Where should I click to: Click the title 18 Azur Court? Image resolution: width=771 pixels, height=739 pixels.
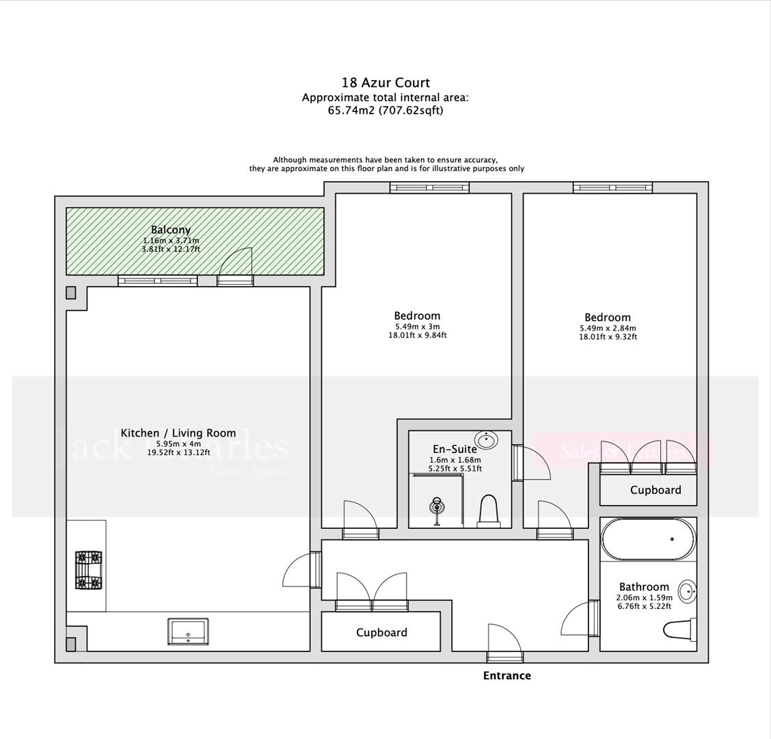pos(385,83)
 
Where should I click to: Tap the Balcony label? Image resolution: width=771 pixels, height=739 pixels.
pos(170,230)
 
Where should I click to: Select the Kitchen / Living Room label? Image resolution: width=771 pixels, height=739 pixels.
pos(178,433)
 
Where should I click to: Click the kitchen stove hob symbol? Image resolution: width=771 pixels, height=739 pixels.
pos(88,570)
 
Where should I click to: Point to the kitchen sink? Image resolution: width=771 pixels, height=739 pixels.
pos(189,631)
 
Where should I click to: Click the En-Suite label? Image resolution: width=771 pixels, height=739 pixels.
pos(455,449)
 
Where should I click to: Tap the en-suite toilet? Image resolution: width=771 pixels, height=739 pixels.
pos(489,512)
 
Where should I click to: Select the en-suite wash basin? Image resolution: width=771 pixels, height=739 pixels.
pos(486,439)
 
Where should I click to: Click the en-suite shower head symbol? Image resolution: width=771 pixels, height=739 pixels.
pos(437,507)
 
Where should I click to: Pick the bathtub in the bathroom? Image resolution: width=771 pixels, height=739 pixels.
pos(648,539)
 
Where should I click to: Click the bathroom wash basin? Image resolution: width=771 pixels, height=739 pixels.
pos(687,591)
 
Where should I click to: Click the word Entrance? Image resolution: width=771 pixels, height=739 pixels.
pos(506,675)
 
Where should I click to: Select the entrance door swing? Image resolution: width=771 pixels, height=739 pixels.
pos(504,640)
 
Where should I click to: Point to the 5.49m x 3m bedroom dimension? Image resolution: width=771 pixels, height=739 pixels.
pos(417,326)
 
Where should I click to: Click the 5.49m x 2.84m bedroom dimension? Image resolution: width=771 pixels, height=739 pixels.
pos(608,328)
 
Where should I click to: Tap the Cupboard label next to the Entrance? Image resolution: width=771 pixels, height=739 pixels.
pos(381,633)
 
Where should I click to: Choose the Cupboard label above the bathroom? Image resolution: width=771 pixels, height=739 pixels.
pos(655,490)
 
